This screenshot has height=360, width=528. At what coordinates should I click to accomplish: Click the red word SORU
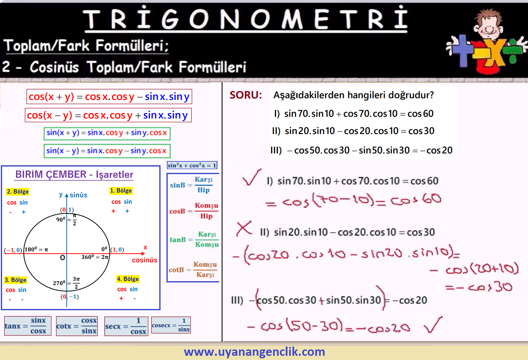coord(246,95)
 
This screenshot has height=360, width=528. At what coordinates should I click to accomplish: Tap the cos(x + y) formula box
coord(109,97)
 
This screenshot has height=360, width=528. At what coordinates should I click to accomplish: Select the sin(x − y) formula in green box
coord(107,150)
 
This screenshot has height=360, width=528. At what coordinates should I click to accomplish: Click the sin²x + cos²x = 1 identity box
coord(192,165)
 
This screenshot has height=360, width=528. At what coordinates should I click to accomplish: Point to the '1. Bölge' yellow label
coord(121,191)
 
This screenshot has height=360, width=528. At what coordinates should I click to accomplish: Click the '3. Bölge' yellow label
coord(16,280)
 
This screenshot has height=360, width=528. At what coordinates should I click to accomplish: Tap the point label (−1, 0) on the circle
coord(13,250)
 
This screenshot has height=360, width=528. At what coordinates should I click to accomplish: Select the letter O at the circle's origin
coord(62,258)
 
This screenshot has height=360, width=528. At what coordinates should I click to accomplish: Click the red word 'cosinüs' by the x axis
coord(145,260)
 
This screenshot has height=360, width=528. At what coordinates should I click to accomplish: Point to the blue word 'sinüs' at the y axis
coord(78,195)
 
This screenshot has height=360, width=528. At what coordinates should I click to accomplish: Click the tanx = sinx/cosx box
coord(27,326)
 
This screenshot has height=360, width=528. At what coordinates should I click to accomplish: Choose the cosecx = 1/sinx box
coord(171,325)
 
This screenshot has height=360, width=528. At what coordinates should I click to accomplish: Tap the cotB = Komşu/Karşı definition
coord(193,269)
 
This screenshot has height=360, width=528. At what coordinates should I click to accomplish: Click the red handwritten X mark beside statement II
coord(244,228)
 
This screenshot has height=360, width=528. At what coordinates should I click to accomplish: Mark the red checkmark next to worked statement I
coord(252,177)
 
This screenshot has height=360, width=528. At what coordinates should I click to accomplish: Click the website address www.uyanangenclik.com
coord(255,352)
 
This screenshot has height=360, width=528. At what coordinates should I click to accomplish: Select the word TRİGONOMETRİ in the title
coord(245,19)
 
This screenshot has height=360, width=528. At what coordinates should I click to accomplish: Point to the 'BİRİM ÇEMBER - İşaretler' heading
coord(74,175)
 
